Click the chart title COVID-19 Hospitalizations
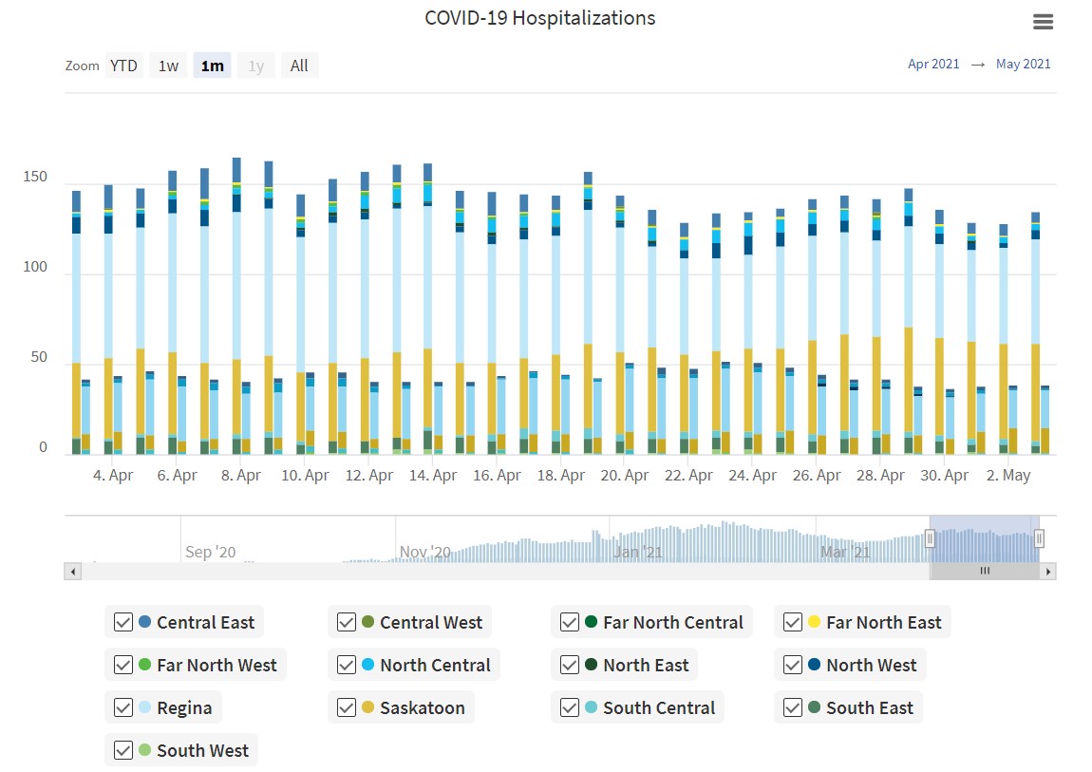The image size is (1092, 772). coord(539,18)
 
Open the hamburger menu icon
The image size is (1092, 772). coord(1043,22)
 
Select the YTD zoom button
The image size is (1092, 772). coord(123,66)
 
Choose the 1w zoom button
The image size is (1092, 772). coord(168,66)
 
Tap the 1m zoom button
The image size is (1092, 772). coord(212,66)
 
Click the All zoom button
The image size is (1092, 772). coord(299,66)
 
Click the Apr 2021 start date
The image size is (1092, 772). coord(933,65)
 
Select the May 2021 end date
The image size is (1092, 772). coord(1023,65)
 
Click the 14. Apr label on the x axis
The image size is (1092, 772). coord(432,475)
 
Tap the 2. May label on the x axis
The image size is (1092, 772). coord(1008,475)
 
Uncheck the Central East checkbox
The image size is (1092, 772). coord(123,623)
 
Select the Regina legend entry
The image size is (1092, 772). coord(184,708)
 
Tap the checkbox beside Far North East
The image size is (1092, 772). coord(793,623)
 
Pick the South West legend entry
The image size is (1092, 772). coord(202,751)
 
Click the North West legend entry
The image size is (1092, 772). coord(871,666)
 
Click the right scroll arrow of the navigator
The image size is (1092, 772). coord(1048,572)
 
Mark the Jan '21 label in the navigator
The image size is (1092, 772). coord(639,552)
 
